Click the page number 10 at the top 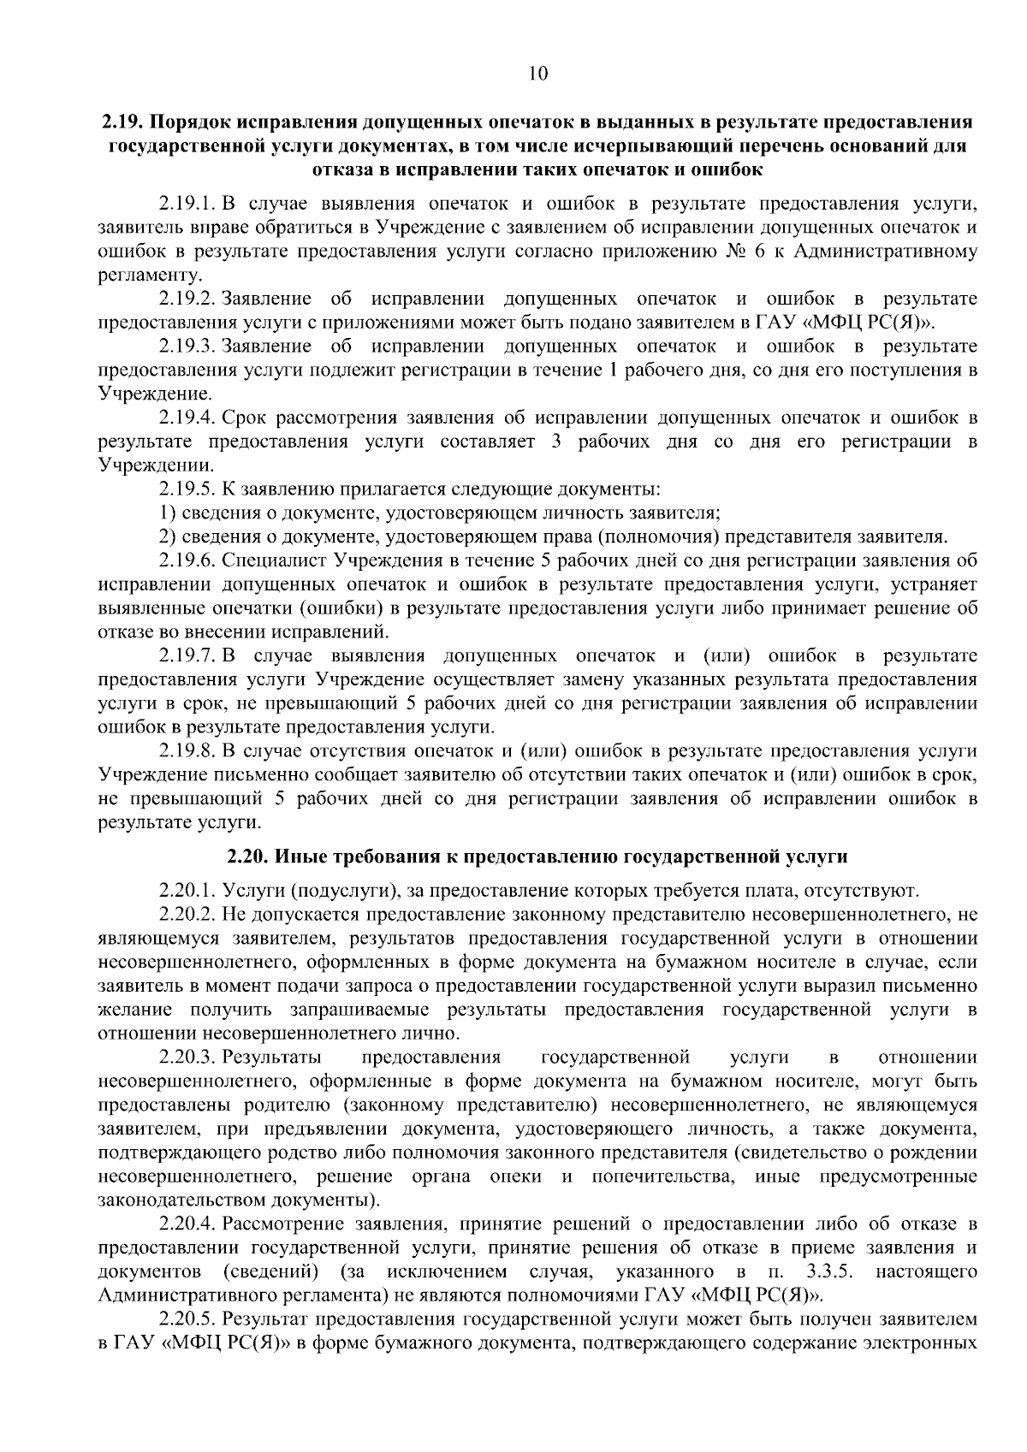pyautogui.click(x=537, y=74)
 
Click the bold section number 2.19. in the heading pyautogui.click(x=124, y=121)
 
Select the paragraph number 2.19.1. pyautogui.click(x=187, y=204)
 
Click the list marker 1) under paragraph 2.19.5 pyautogui.click(x=168, y=513)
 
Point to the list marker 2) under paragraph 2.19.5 pyautogui.click(x=168, y=537)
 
